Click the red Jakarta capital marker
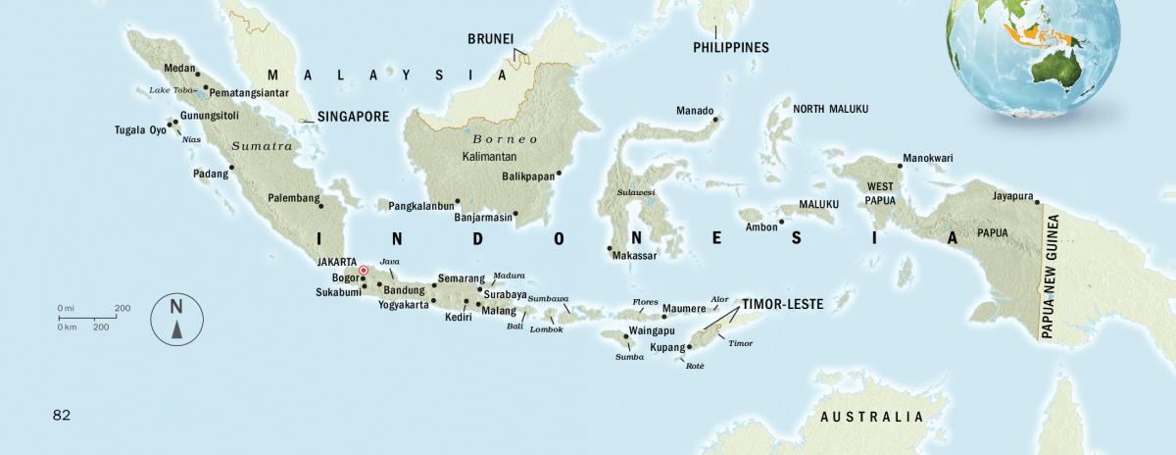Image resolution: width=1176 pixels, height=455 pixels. click(363, 270)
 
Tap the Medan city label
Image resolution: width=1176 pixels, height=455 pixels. click(178, 69)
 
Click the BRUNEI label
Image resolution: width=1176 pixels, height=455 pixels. click(490, 39)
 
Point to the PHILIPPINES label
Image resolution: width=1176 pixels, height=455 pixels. click(730, 47)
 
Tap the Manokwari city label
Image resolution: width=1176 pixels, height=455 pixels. click(927, 158)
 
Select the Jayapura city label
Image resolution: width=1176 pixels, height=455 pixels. click(1012, 195)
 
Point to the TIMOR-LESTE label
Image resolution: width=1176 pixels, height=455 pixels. click(782, 304)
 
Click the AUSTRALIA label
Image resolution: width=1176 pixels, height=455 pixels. click(871, 417)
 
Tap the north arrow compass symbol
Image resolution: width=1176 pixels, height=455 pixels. click(176, 319)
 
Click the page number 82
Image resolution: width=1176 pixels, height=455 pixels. click(62, 415)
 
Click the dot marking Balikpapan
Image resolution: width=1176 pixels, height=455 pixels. click(558, 175)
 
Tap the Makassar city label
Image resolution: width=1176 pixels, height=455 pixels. click(633, 256)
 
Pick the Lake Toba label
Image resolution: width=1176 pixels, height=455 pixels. click(171, 90)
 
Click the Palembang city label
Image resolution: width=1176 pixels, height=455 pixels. click(294, 198)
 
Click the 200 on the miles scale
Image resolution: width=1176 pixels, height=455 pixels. click(122, 308)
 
